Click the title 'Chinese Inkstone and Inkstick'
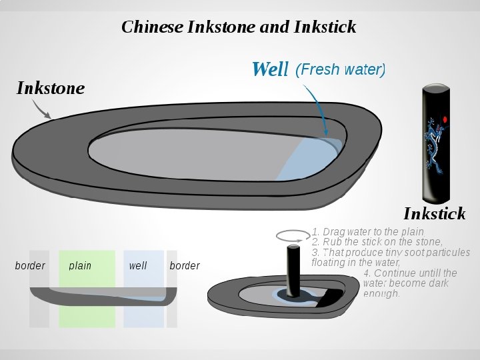pos(239,27)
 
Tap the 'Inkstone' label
pos(51,88)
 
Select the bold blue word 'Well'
pos(270,69)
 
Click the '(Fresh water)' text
pos(340,69)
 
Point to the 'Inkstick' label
pos(434,213)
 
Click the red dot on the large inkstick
pos(445,119)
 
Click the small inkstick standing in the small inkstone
pos(293,270)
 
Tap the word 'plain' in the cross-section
pos(80,266)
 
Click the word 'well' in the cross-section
pos(138,266)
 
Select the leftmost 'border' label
pos(30,266)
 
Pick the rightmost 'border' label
pos(185,266)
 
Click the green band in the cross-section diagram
pos(87,313)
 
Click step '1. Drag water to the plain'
pos(367,232)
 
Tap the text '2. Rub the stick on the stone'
pos(377,242)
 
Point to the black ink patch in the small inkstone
pos(329,299)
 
